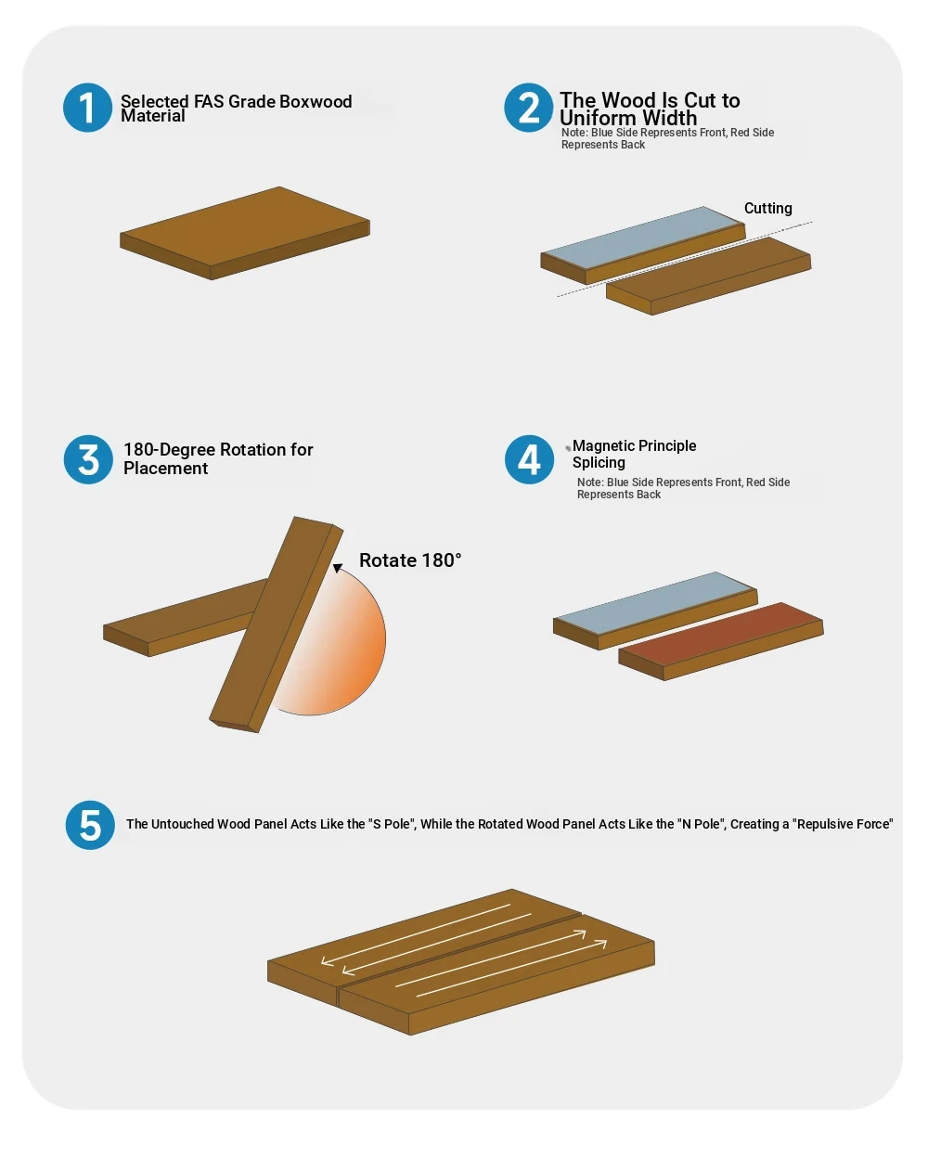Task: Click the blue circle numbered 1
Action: (x=87, y=108)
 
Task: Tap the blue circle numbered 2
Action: (x=528, y=108)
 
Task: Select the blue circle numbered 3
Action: (x=88, y=459)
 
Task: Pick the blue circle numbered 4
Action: (x=529, y=459)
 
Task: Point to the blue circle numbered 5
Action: (x=90, y=825)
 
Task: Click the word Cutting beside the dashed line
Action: (x=767, y=208)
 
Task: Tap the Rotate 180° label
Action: (x=410, y=560)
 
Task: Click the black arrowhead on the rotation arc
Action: (x=338, y=568)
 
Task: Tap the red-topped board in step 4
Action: (x=721, y=641)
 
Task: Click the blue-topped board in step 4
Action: (x=655, y=611)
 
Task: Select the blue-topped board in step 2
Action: (x=643, y=245)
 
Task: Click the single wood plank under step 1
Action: (x=245, y=233)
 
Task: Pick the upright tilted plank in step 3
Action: (x=277, y=624)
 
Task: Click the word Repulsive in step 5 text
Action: (x=830, y=824)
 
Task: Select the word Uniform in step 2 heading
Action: (x=598, y=118)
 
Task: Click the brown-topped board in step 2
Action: (x=709, y=277)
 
